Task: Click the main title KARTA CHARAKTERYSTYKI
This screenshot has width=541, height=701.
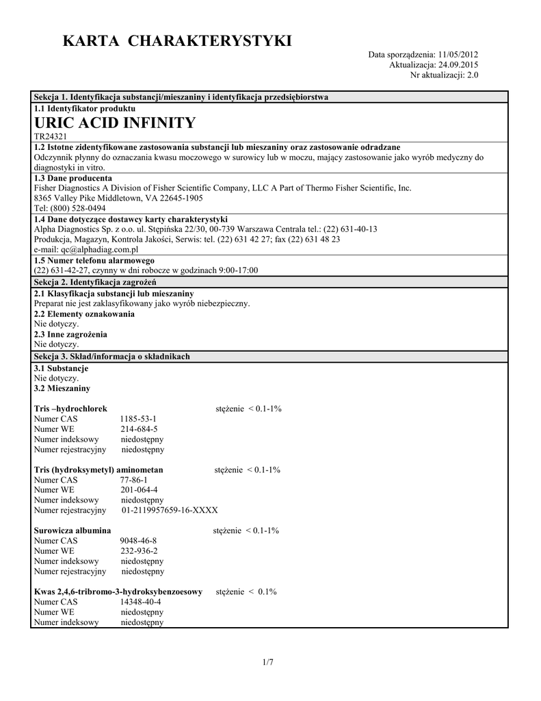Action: [177, 42]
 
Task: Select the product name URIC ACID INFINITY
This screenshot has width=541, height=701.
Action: [114, 123]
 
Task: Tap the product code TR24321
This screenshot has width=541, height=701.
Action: [50, 138]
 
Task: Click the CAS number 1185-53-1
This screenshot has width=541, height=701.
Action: [138, 418]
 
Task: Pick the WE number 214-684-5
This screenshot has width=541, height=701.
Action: [140, 429]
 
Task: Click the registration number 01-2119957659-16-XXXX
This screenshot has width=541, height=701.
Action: [170, 510]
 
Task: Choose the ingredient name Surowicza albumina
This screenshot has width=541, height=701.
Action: [72, 531]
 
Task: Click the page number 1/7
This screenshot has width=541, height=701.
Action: [267, 662]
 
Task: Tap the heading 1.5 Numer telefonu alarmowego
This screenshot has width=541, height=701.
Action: [94, 261]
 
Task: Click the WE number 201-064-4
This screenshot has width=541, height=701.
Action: [140, 490]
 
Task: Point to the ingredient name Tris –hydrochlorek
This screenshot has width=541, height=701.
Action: [70, 409]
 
